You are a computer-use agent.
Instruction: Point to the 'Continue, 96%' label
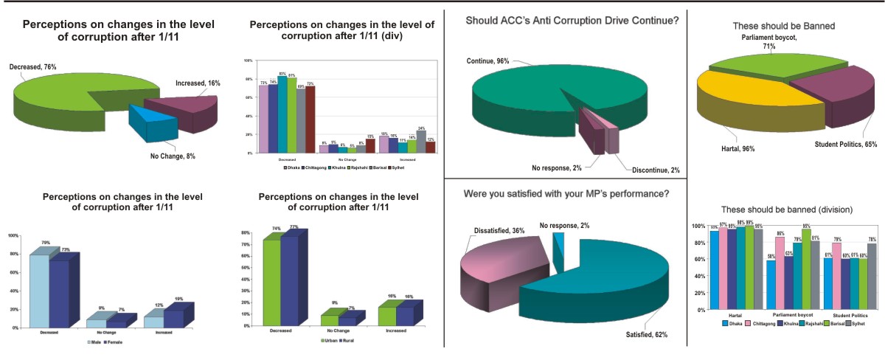click(x=487, y=60)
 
